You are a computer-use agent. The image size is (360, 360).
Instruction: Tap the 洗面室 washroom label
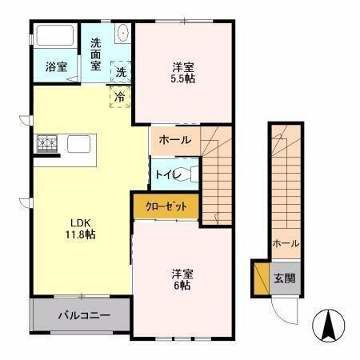click(96, 54)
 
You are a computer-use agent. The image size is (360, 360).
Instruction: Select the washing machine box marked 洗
click(120, 70)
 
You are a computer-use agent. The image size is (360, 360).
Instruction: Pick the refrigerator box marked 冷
click(119, 97)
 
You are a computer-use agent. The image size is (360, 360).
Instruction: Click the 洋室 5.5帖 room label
click(183, 72)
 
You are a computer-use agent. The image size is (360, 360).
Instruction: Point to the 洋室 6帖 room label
click(183, 278)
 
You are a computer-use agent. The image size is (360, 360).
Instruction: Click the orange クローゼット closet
click(166, 206)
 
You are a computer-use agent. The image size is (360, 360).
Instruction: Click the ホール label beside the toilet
click(175, 140)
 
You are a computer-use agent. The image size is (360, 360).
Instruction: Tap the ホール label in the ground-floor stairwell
click(286, 242)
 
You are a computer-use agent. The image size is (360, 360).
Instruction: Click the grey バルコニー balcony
click(83, 316)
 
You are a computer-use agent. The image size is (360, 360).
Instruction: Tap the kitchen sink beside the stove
click(78, 145)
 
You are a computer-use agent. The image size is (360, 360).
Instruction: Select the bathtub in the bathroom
click(54, 37)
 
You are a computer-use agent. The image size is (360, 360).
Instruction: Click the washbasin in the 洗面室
click(122, 34)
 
